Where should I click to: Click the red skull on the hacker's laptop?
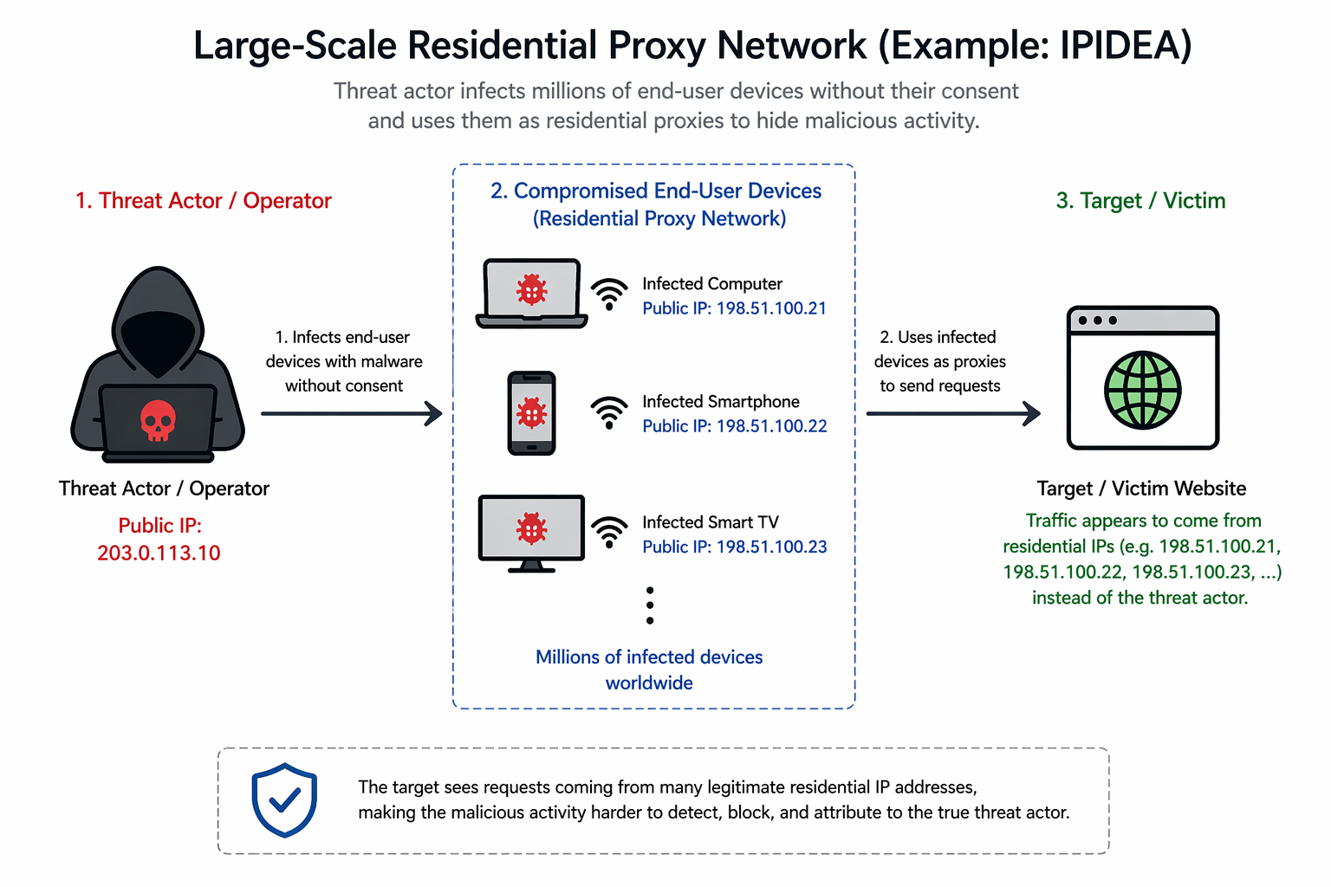[158, 420]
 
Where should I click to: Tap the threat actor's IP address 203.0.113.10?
[159, 554]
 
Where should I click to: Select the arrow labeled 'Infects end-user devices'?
[351, 414]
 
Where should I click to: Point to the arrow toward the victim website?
[953, 414]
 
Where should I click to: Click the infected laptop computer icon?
[531, 293]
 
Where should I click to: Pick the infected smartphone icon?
[531, 413]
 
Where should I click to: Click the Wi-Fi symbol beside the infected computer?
[610, 294]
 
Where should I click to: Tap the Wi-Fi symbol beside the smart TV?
[610, 531]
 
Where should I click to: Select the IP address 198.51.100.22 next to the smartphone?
[771, 426]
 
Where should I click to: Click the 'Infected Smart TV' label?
[710, 522]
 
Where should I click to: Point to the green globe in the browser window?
[1142, 390]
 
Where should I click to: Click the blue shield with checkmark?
[284, 800]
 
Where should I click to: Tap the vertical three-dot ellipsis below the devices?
[650, 605]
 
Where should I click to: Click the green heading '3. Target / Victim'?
[1140, 201]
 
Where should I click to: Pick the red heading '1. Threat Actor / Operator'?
[204, 201]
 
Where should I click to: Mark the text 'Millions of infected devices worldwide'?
[649, 670]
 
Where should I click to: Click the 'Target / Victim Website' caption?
[1141, 489]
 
